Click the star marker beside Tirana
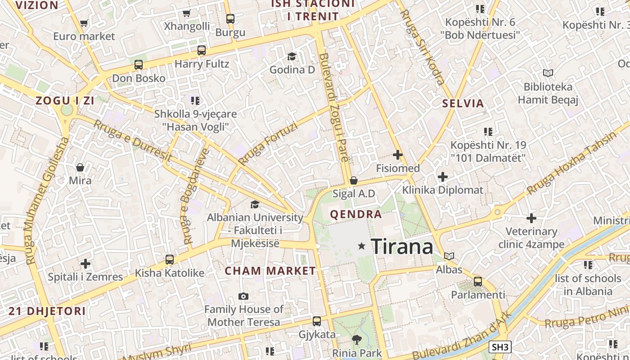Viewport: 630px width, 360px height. (x=361, y=246)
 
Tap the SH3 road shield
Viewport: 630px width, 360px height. (x=500, y=347)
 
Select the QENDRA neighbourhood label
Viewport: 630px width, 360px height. (x=356, y=214)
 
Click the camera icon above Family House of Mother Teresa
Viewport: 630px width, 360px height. (x=243, y=296)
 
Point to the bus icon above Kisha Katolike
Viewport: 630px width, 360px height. (x=170, y=260)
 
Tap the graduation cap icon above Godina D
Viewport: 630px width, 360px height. (x=292, y=56)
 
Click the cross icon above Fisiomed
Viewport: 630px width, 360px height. (x=398, y=155)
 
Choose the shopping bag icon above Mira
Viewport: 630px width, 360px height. (x=80, y=167)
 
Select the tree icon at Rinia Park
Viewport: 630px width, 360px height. (x=357, y=340)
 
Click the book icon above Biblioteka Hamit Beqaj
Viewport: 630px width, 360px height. (x=548, y=73)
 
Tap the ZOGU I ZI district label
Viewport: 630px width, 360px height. (x=65, y=101)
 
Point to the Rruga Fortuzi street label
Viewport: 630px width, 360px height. (x=268, y=144)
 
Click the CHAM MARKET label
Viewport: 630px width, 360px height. (x=270, y=271)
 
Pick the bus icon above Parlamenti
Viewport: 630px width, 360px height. (x=478, y=282)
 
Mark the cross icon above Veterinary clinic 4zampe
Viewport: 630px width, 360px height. (x=531, y=218)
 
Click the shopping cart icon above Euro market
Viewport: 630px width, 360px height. (x=84, y=23)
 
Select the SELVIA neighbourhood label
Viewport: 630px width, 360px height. (x=463, y=103)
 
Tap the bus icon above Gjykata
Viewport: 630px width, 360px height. (x=317, y=321)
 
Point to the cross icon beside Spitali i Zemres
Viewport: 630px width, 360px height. (x=85, y=264)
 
